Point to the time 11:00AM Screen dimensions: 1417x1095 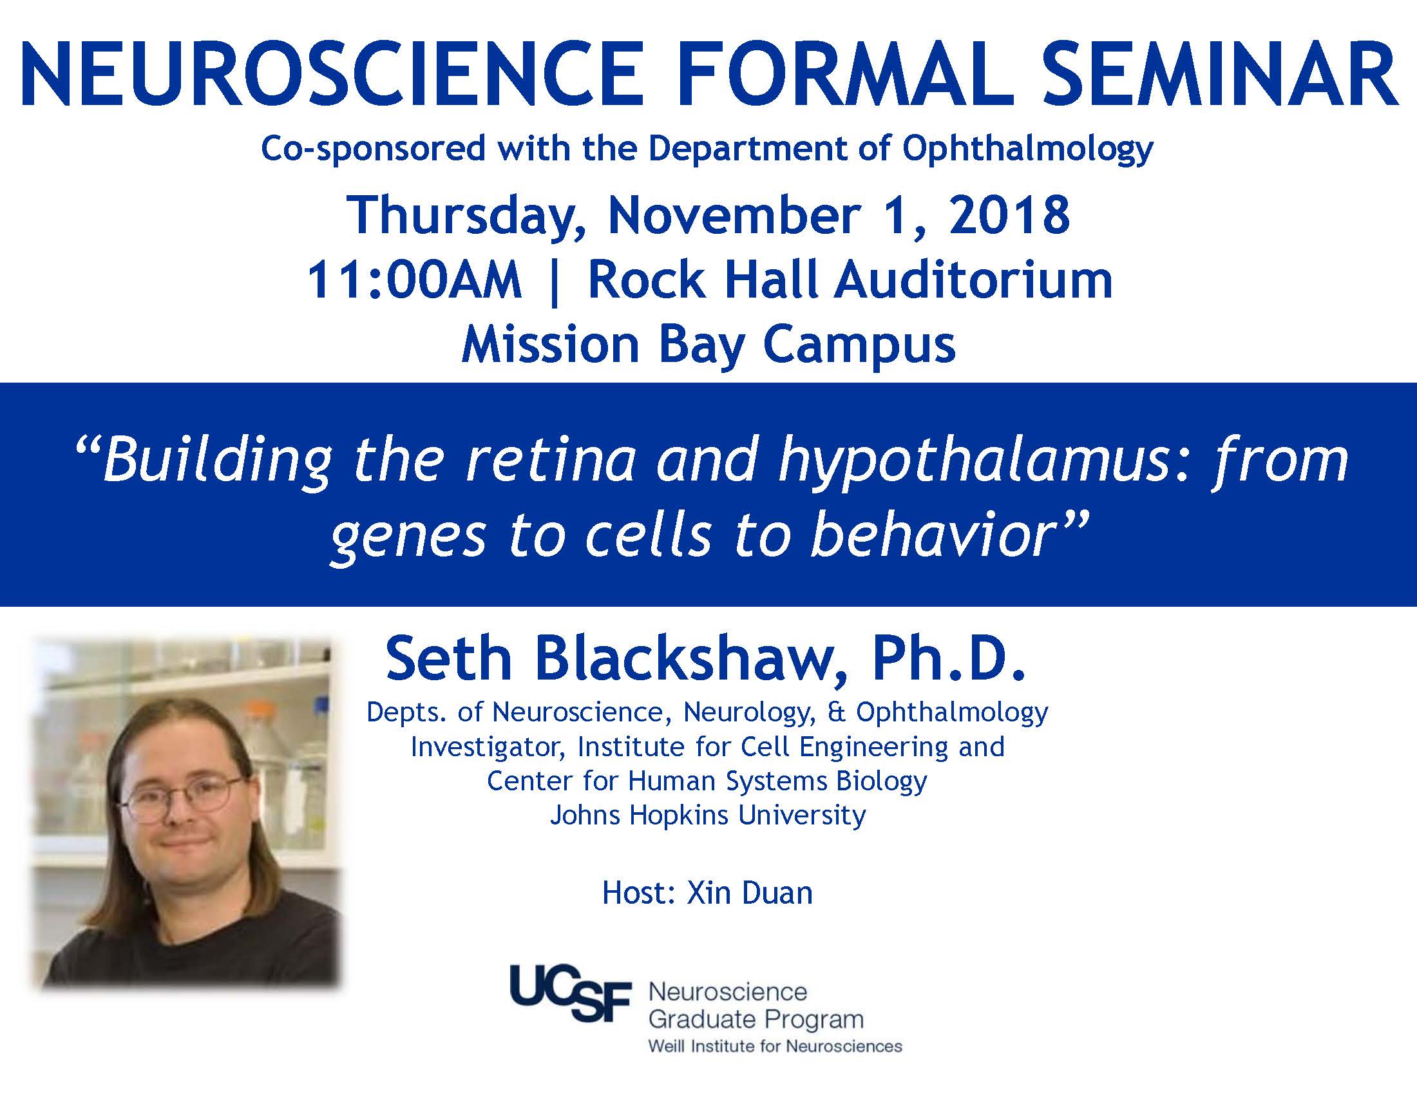tap(414, 280)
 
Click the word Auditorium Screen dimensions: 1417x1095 tap(973, 280)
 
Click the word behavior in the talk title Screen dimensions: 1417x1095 tap(932, 536)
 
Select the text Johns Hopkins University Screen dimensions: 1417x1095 tap(708, 815)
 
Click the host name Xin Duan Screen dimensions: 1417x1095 tap(749, 893)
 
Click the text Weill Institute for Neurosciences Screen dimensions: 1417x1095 tap(775, 1045)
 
